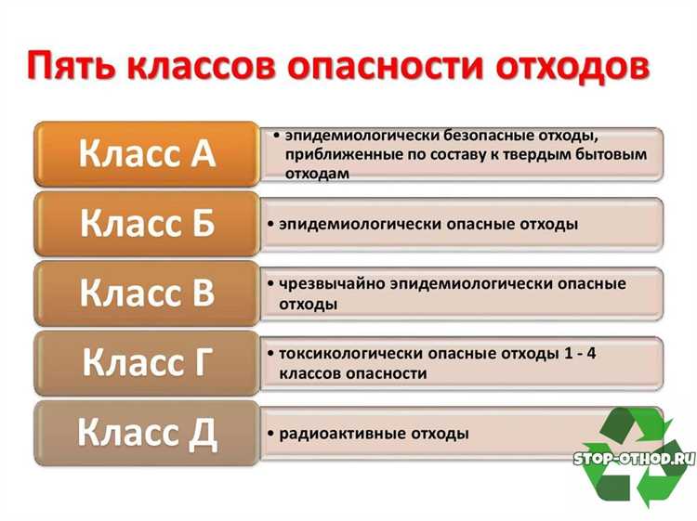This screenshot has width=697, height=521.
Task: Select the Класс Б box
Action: click(x=147, y=224)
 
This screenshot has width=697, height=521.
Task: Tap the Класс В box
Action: click(x=147, y=293)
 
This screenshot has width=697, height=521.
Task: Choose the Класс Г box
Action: click(x=147, y=363)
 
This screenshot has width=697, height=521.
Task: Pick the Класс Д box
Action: click(x=147, y=432)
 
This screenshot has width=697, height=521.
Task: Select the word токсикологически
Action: click(x=345, y=355)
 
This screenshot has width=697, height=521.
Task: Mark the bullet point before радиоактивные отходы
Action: click(x=270, y=434)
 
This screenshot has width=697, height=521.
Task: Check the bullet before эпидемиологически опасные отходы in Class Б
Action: click(x=270, y=225)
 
